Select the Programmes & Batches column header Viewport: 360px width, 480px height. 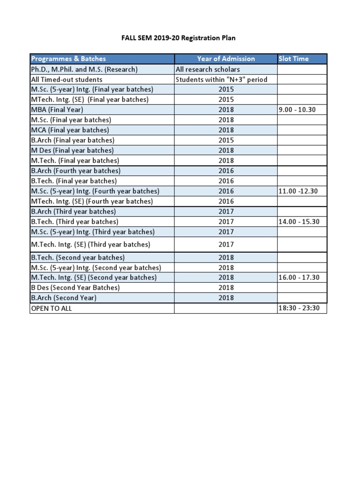(x=68, y=59)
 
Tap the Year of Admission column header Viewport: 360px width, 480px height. (x=226, y=59)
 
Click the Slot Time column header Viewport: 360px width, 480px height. (x=294, y=59)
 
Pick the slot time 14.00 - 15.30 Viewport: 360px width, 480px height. (x=299, y=222)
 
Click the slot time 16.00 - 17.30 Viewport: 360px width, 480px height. (x=299, y=277)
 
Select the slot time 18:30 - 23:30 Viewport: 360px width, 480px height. (x=299, y=308)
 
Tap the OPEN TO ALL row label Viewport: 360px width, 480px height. (x=52, y=308)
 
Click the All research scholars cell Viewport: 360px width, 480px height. (x=208, y=69)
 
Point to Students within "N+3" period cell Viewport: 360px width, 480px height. (x=221, y=80)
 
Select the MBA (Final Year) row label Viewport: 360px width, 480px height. (x=57, y=110)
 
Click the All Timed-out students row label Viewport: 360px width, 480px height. (x=67, y=80)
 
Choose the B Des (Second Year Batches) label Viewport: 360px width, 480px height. (x=75, y=288)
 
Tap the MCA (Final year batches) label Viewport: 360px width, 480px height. (x=70, y=130)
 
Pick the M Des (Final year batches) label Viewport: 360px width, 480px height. (x=72, y=150)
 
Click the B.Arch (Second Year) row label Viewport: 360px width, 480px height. (x=63, y=298)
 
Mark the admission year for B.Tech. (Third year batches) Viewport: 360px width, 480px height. (x=226, y=222)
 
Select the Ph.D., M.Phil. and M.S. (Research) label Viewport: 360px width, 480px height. (x=84, y=69)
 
